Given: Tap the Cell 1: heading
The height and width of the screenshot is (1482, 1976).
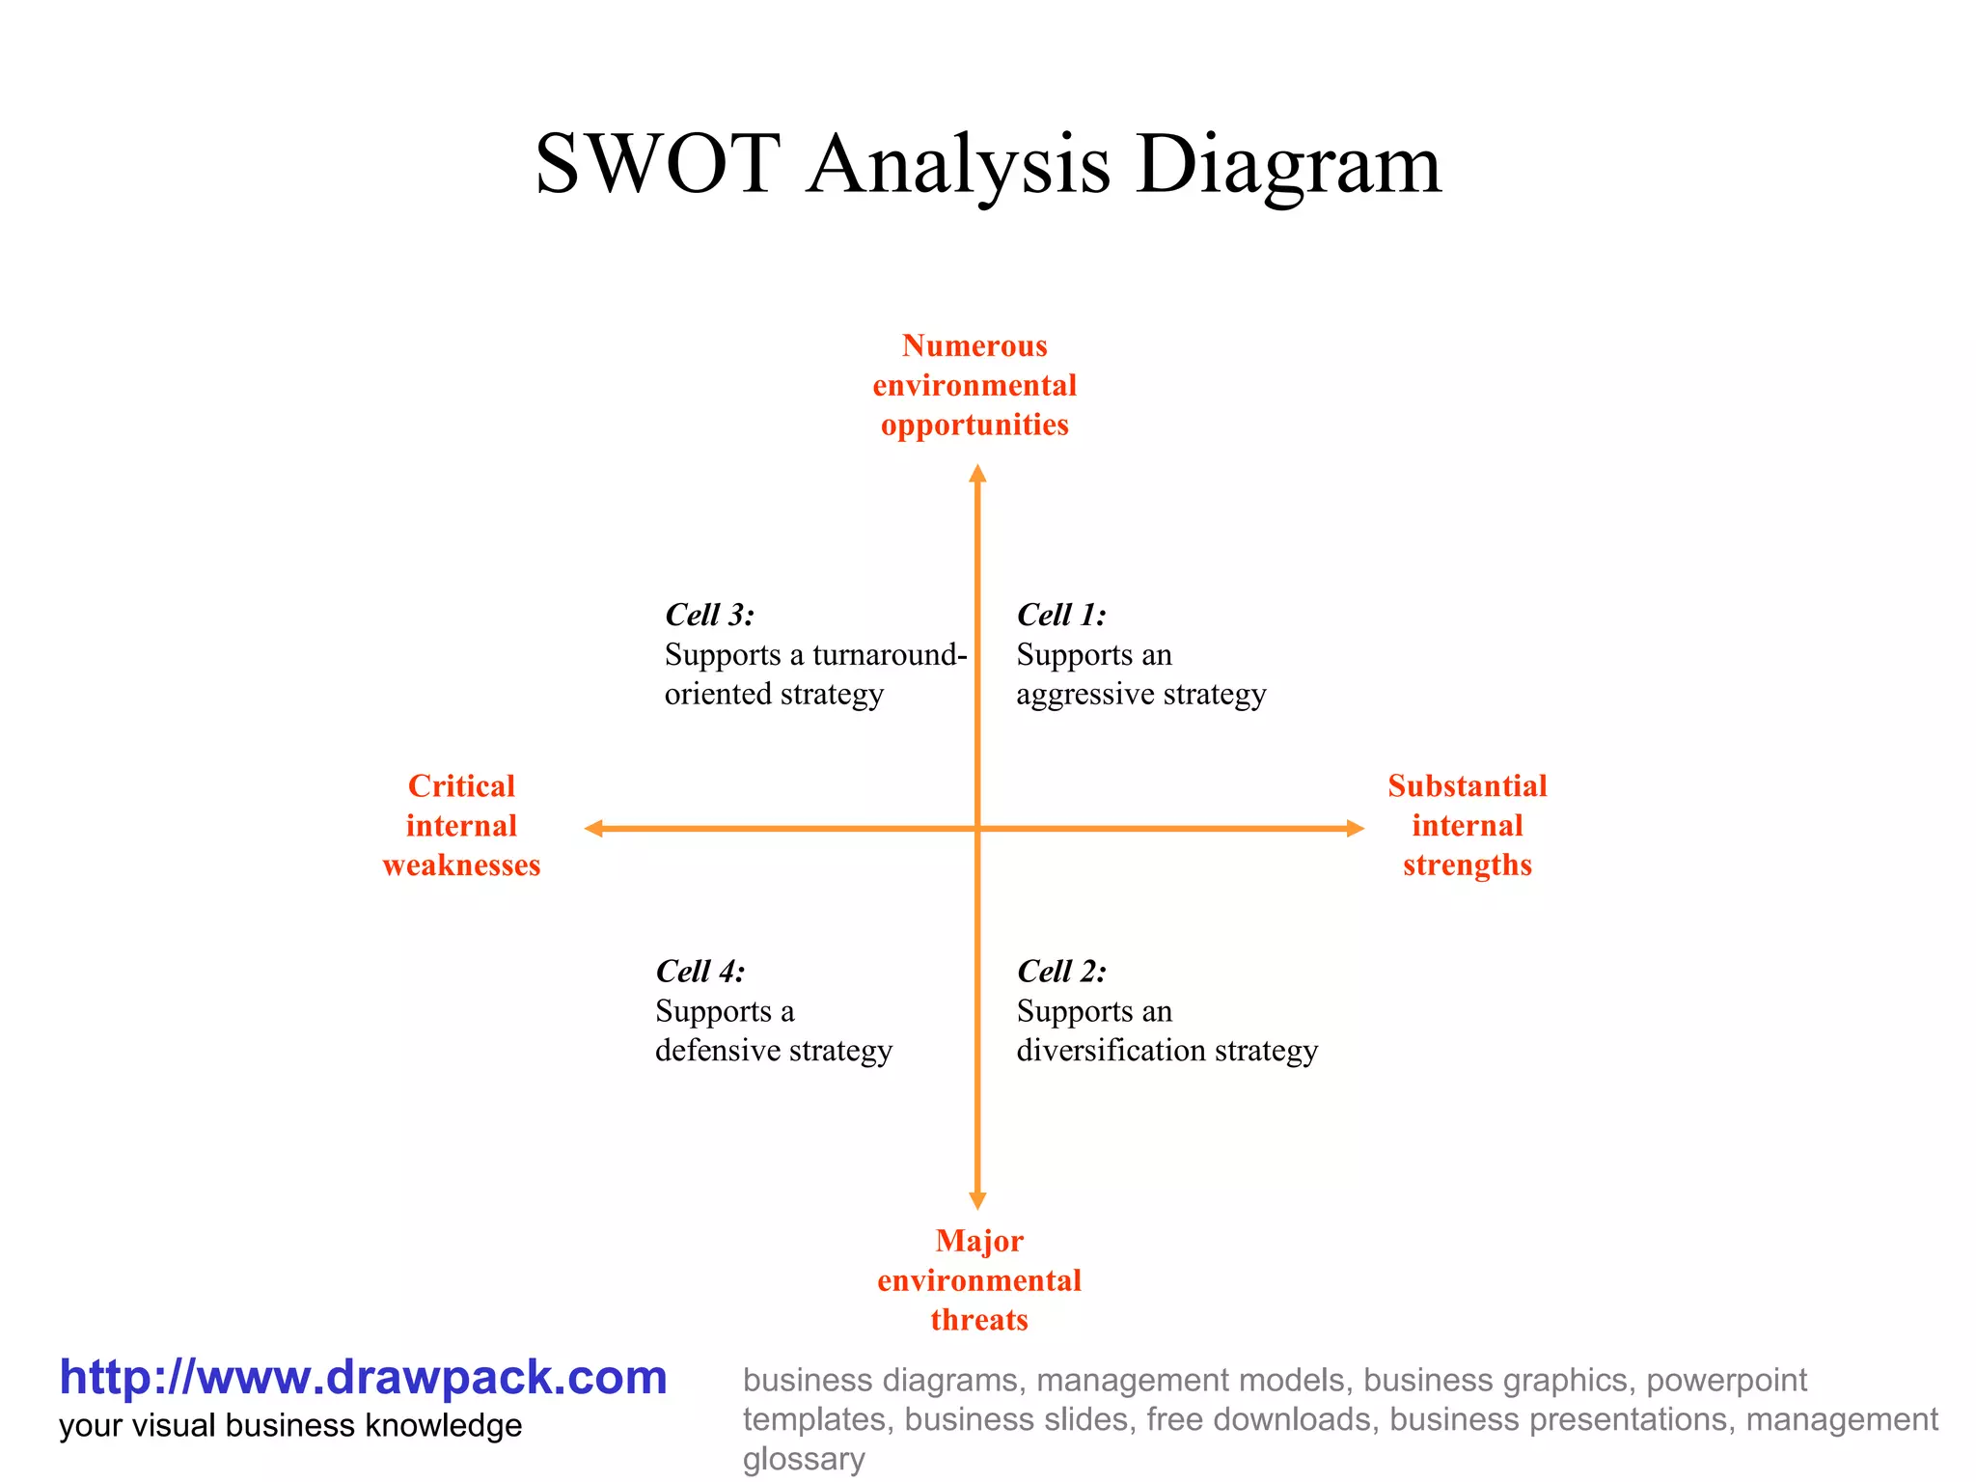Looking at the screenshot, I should [x=1061, y=615].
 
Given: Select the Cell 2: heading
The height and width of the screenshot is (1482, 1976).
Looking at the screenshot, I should [x=1061, y=971].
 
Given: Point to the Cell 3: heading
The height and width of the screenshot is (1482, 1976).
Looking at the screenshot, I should [x=709, y=615].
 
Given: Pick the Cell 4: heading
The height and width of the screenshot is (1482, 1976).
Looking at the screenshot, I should [x=700, y=971].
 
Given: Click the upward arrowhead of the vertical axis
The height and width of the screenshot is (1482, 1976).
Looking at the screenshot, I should [x=977, y=473].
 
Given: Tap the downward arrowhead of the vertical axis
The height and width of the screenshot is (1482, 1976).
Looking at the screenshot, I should [x=977, y=1200].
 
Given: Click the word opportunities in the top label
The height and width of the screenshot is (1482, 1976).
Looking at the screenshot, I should [x=974, y=425].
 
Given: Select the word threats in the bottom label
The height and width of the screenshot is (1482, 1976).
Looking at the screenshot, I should [x=979, y=1320].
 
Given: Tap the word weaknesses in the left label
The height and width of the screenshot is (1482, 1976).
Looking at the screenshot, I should [x=461, y=865].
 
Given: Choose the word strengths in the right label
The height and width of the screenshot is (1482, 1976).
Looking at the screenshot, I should [x=1467, y=865].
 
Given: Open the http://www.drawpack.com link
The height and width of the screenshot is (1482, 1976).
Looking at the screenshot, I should [x=363, y=1377].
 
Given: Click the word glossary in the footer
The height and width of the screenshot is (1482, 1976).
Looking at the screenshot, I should [x=803, y=1459].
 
